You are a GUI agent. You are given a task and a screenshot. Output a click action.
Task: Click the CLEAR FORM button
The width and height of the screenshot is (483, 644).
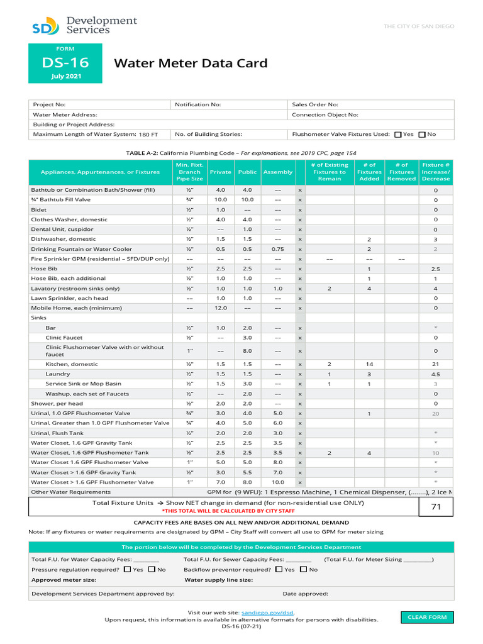(x=427, y=617)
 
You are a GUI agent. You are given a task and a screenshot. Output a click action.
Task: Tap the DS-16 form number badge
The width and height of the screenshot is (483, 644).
(x=65, y=63)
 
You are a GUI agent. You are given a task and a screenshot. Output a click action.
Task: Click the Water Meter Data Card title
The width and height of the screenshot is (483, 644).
(x=191, y=63)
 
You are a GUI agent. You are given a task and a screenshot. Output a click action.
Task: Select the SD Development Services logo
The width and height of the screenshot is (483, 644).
(x=84, y=26)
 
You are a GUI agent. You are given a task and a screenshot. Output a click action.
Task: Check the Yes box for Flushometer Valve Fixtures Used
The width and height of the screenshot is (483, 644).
(x=397, y=134)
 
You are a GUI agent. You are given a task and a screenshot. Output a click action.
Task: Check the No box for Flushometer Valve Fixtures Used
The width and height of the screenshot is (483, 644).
(x=422, y=134)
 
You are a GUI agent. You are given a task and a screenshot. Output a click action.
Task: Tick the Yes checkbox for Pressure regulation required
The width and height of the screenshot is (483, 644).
(x=128, y=569)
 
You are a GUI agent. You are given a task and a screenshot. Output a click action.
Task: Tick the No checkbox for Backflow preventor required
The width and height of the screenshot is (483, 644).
(x=304, y=569)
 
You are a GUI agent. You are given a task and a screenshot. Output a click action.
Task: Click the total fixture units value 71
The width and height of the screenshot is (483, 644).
(x=436, y=506)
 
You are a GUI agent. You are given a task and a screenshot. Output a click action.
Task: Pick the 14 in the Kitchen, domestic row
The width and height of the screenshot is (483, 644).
(x=369, y=364)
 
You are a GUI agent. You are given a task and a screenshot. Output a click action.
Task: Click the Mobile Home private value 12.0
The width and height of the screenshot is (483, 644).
(x=221, y=308)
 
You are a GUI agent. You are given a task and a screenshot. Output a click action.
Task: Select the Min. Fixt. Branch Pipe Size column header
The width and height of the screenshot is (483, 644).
(x=189, y=172)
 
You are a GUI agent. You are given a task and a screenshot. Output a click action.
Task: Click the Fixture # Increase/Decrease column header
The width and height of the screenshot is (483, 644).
(x=436, y=172)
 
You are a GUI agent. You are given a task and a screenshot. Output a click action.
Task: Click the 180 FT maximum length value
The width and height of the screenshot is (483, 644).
(x=148, y=135)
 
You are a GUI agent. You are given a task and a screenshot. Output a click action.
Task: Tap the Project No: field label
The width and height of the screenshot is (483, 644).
(x=49, y=104)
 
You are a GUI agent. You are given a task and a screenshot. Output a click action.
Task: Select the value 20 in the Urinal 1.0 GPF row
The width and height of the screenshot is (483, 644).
(x=435, y=414)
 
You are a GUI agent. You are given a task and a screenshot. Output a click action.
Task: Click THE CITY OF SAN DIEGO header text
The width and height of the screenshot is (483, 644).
(x=419, y=26)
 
